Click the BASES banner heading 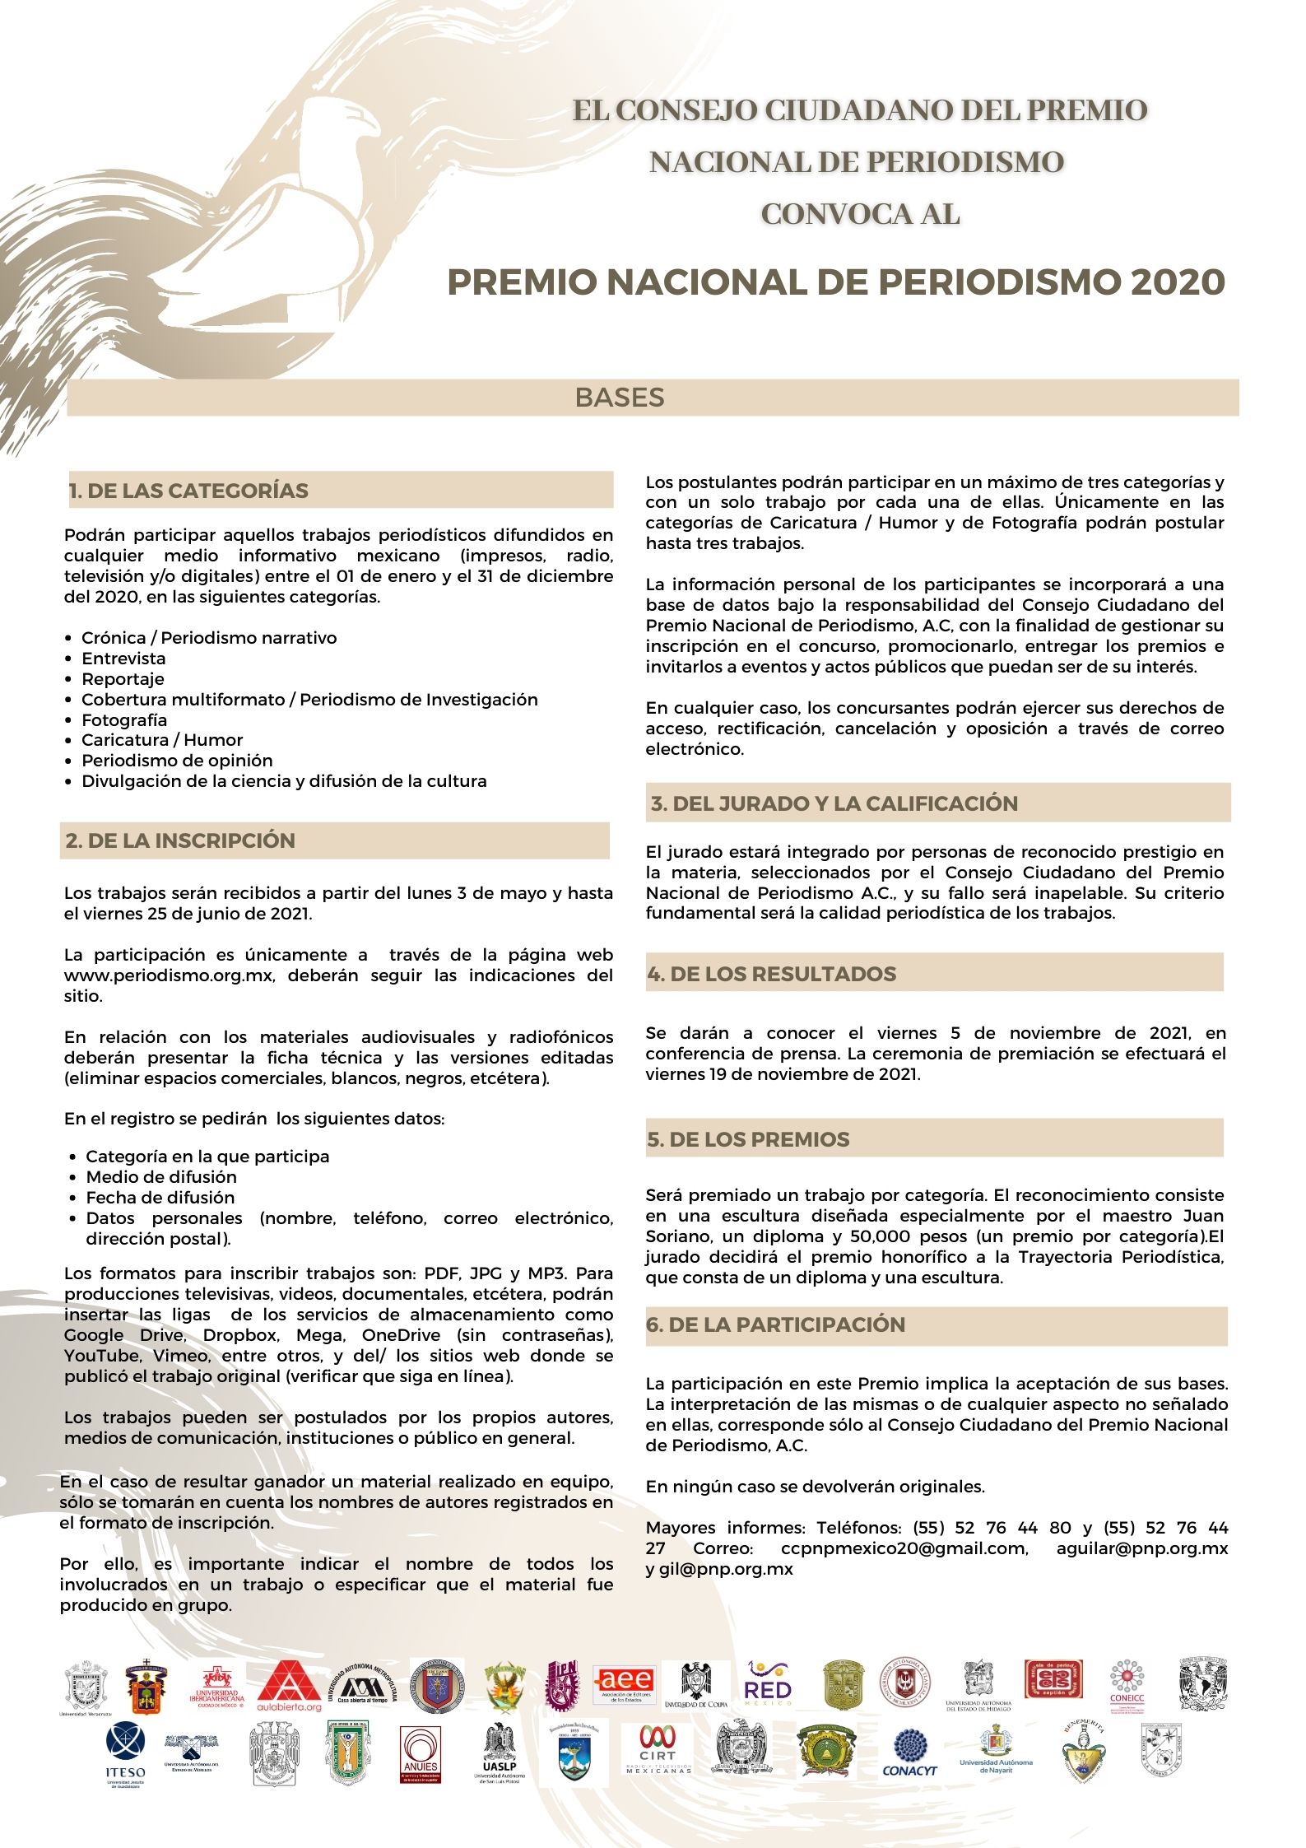620,398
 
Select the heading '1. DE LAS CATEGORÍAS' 188,491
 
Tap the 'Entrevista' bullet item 123,659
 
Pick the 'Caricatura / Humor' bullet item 162,740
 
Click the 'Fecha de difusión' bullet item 160,1198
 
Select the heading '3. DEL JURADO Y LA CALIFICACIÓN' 834,803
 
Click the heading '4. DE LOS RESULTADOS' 772,974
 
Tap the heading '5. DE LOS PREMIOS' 749,1140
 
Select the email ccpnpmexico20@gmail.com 904,1548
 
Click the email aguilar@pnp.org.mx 1141,1548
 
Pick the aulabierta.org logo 290,1687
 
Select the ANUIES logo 421,1753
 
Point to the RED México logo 767,1683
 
